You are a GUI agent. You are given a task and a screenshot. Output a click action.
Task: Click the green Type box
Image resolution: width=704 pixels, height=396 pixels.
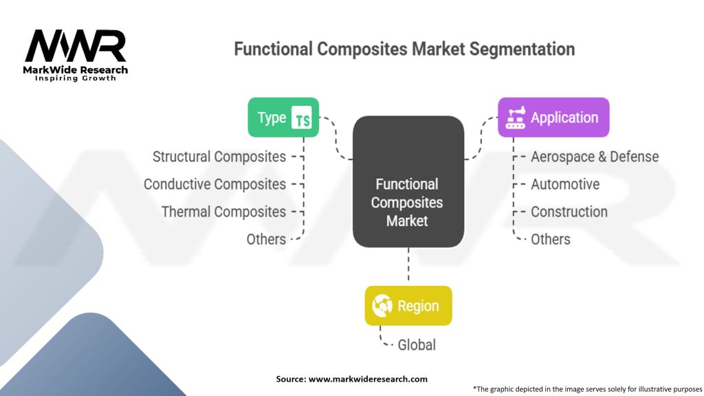pyautogui.click(x=283, y=118)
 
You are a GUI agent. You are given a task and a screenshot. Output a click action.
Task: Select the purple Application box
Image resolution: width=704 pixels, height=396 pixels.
pyautogui.click(x=553, y=118)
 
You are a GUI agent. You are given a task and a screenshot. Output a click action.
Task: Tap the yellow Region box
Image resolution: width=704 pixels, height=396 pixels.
pyautogui.click(x=408, y=305)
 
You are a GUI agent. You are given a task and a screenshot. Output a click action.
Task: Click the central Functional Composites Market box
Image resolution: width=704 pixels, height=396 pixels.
pyautogui.click(x=408, y=182)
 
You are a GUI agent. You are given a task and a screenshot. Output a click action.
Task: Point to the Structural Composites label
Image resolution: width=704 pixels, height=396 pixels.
pyautogui.click(x=219, y=157)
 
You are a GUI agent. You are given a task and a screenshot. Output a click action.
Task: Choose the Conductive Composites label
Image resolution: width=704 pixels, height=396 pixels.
pyautogui.click(x=214, y=184)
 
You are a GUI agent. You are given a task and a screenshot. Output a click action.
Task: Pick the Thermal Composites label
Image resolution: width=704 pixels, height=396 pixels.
pyautogui.click(x=223, y=212)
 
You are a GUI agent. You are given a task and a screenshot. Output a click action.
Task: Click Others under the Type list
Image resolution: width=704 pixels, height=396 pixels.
pyautogui.click(x=266, y=239)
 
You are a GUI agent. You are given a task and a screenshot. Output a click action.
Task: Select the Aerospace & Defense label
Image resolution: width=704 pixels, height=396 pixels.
pyautogui.click(x=594, y=157)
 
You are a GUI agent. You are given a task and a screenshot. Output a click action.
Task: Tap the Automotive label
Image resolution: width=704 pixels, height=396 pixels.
pyautogui.click(x=564, y=184)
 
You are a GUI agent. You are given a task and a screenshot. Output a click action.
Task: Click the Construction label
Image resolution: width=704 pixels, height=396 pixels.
pyautogui.click(x=569, y=212)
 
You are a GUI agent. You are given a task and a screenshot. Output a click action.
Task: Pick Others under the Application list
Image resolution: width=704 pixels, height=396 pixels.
pyautogui.click(x=550, y=239)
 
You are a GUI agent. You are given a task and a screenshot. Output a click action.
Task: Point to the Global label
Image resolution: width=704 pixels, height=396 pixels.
pyautogui.click(x=417, y=344)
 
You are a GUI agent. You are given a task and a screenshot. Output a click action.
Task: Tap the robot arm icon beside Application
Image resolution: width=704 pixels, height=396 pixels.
pyautogui.click(x=515, y=118)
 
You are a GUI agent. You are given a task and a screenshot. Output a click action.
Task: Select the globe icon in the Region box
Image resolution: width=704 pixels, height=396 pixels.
pyautogui.click(x=382, y=306)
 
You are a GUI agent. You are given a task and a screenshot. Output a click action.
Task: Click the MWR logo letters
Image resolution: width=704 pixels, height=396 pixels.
pyautogui.click(x=76, y=46)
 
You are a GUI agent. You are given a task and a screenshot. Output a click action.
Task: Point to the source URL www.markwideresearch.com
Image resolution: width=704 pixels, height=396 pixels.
pyautogui.click(x=367, y=379)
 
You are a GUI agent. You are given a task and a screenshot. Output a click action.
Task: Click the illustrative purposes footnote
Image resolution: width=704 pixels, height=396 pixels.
pyautogui.click(x=587, y=388)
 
